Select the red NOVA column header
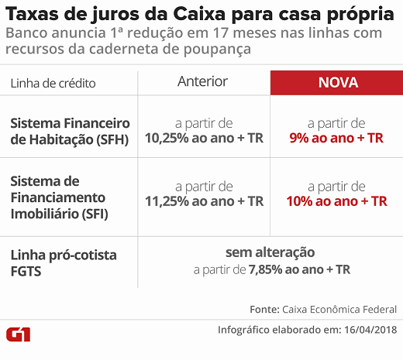(336, 83)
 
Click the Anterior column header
(202, 82)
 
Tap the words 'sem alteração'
(270, 253)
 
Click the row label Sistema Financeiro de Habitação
(70, 131)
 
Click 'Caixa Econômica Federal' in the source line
(338, 309)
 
